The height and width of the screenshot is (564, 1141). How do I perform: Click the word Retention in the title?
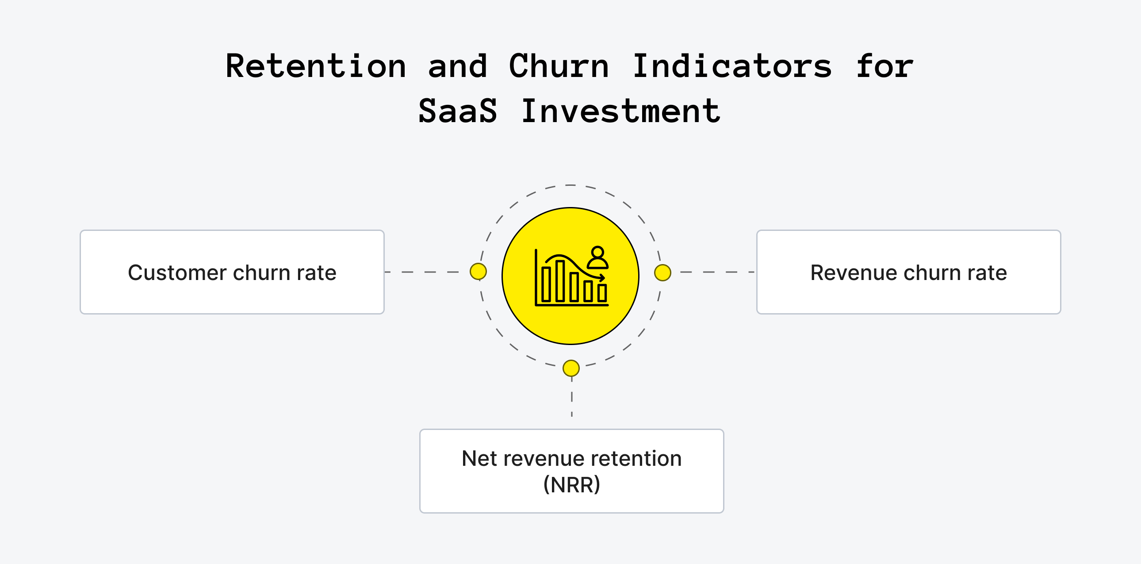tap(315, 66)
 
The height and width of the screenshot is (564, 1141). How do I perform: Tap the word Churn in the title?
tap(559, 66)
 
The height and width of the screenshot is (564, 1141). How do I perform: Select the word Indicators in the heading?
tap(732, 66)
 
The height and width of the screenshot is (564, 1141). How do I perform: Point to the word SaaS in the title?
tap(458, 111)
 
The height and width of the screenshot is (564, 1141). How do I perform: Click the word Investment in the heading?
tap(620, 111)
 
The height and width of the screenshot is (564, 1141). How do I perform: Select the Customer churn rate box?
tap(232, 272)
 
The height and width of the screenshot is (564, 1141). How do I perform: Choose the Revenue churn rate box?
tap(908, 272)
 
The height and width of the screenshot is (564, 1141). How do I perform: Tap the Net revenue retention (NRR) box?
tap(571, 471)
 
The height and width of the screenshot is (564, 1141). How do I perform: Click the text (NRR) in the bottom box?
tap(571, 484)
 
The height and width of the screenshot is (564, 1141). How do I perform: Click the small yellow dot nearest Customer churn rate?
tap(479, 272)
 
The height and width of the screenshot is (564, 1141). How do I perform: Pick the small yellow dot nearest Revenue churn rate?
tap(662, 272)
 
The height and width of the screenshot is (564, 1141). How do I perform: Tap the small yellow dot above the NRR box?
tap(571, 368)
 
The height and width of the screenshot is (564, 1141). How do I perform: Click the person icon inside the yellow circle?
tap(597, 258)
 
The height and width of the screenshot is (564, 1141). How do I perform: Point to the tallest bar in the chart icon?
tap(560, 281)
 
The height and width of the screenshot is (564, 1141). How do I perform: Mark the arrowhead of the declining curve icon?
tap(601, 278)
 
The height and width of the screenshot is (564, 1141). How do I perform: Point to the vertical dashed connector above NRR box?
tap(572, 397)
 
